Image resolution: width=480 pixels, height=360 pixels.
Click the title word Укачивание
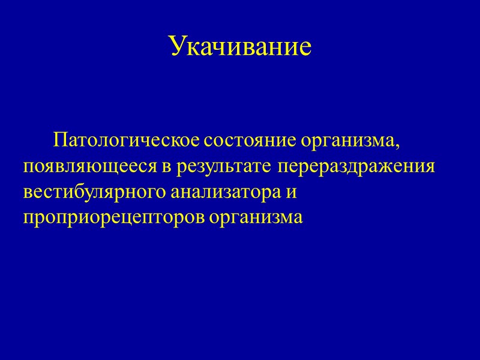click(x=240, y=46)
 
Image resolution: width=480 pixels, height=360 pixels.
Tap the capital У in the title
click(x=176, y=46)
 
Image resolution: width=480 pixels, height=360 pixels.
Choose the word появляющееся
click(x=91, y=167)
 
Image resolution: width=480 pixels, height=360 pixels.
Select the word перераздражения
click(x=356, y=167)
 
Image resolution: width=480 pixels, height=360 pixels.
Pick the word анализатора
click(x=225, y=193)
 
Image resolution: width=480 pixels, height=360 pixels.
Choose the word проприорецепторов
click(x=113, y=218)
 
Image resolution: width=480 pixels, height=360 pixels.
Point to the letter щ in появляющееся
click(x=109, y=167)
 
